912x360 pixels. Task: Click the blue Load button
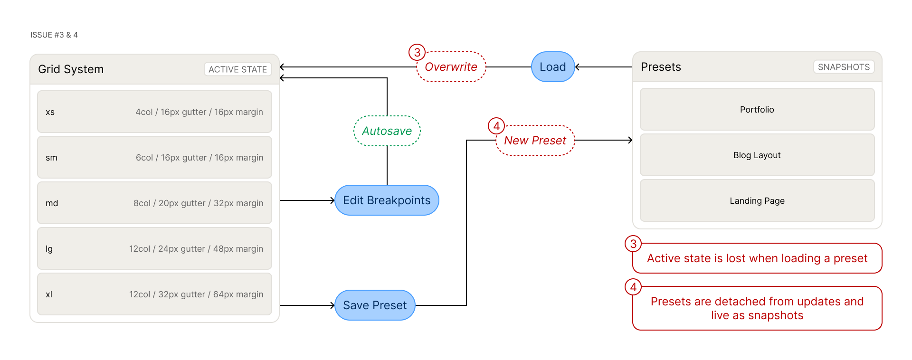coord(552,67)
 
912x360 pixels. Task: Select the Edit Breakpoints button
coord(387,200)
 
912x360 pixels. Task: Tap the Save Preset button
coord(375,305)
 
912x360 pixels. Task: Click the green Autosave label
coord(387,131)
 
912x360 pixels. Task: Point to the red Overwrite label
coord(451,67)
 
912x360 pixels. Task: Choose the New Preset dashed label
coord(535,141)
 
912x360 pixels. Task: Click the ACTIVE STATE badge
coord(237,69)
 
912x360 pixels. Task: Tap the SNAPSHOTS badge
coord(844,67)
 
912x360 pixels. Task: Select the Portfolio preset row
coord(757,110)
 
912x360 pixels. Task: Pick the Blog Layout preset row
coord(757,155)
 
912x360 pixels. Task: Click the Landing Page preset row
coord(757,201)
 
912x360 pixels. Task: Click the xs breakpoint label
coord(50,113)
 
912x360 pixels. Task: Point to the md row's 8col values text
coord(198,203)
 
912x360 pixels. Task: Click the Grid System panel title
coord(71,69)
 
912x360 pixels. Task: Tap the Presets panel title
coord(661,67)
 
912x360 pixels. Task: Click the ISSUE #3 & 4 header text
coord(54,35)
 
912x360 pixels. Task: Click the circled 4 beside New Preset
coord(496,126)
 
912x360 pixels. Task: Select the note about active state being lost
coord(757,258)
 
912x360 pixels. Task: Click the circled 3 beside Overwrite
coord(417,52)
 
